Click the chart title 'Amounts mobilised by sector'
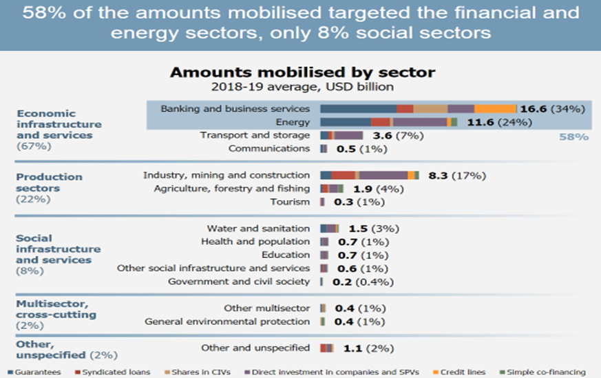302,72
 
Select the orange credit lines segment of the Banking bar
496,108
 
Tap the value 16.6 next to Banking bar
534,109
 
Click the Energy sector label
294,122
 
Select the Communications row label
269,148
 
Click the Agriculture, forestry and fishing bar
332,188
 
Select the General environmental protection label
227,321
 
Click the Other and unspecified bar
327,348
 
